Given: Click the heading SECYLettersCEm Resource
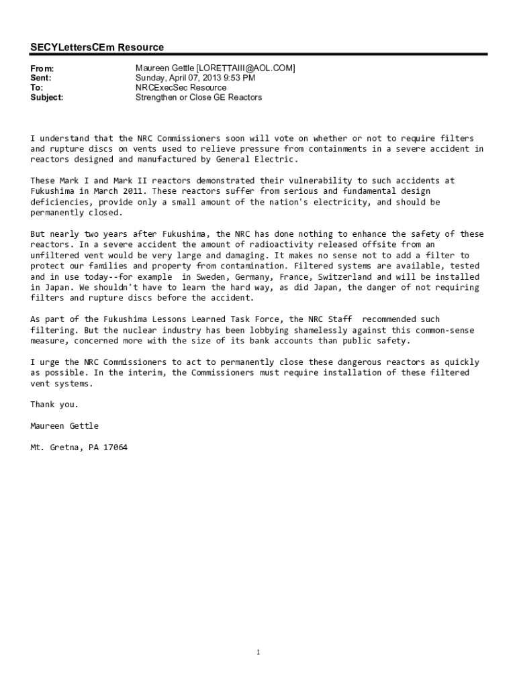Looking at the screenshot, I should [x=97, y=48].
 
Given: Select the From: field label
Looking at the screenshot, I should [x=42, y=69].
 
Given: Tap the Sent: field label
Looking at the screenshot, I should [x=41, y=78].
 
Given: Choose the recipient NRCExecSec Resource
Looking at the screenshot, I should [x=181, y=88].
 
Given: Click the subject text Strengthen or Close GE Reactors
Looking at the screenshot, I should [x=199, y=98].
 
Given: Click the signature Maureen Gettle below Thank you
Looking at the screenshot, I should [x=64, y=426].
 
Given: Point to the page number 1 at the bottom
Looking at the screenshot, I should [x=258, y=652].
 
